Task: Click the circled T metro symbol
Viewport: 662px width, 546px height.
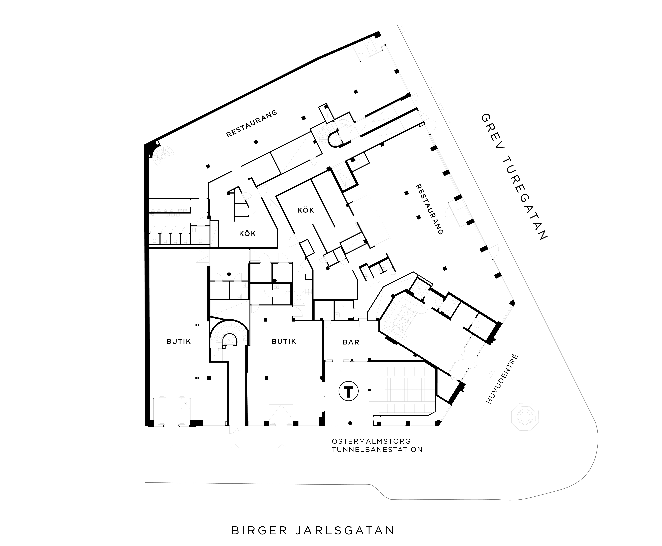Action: [x=348, y=392]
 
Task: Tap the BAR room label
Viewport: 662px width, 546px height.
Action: [x=351, y=342]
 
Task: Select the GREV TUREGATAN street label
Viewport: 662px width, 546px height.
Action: [x=514, y=177]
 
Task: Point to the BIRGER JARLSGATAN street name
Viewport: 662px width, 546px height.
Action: [x=313, y=530]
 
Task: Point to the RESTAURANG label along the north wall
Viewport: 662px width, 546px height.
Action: [x=252, y=123]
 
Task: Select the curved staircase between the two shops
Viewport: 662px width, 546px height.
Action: [x=229, y=337]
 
